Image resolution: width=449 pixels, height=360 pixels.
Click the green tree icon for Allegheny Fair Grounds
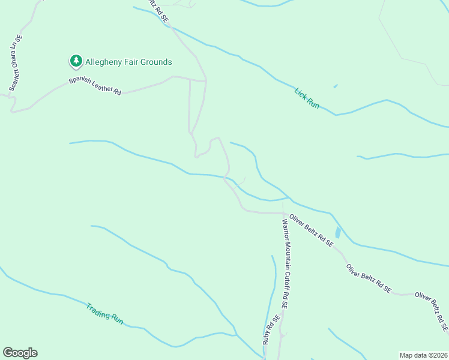76,61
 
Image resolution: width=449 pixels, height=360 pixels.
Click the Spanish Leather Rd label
95,86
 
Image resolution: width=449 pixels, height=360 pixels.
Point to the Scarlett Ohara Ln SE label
16,63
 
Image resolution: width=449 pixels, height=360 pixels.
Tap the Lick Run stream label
307,98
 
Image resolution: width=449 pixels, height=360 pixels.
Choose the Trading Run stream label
104,314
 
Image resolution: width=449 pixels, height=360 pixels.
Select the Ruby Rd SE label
271,329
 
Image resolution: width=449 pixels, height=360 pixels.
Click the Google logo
20,353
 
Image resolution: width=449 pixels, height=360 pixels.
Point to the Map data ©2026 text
423,355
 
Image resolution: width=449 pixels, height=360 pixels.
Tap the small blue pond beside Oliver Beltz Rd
338,232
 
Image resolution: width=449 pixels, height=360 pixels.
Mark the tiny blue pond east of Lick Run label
335,86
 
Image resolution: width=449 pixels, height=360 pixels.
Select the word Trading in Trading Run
97,310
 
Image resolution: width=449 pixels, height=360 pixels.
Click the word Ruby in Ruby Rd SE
267,337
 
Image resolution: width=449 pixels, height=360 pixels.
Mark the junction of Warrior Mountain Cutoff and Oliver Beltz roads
283,212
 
